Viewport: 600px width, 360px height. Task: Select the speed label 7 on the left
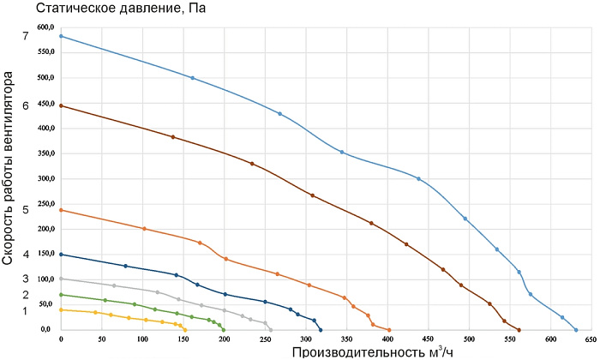(x=26, y=36)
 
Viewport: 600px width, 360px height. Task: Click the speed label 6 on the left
(x=26, y=105)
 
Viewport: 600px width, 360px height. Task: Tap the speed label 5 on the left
(x=26, y=209)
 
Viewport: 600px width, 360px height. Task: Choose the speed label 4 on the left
(x=26, y=255)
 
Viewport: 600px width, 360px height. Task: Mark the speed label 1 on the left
(x=26, y=309)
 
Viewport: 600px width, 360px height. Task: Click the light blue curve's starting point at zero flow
(x=61, y=36)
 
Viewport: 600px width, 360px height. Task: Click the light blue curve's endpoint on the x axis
(x=576, y=329)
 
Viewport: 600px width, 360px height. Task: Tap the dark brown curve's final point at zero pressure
(x=519, y=329)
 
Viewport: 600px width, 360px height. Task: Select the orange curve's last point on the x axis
(x=388, y=329)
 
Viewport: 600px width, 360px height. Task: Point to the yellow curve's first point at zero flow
(x=61, y=309)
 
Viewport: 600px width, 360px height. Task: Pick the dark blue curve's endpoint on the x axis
(x=321, y=329)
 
